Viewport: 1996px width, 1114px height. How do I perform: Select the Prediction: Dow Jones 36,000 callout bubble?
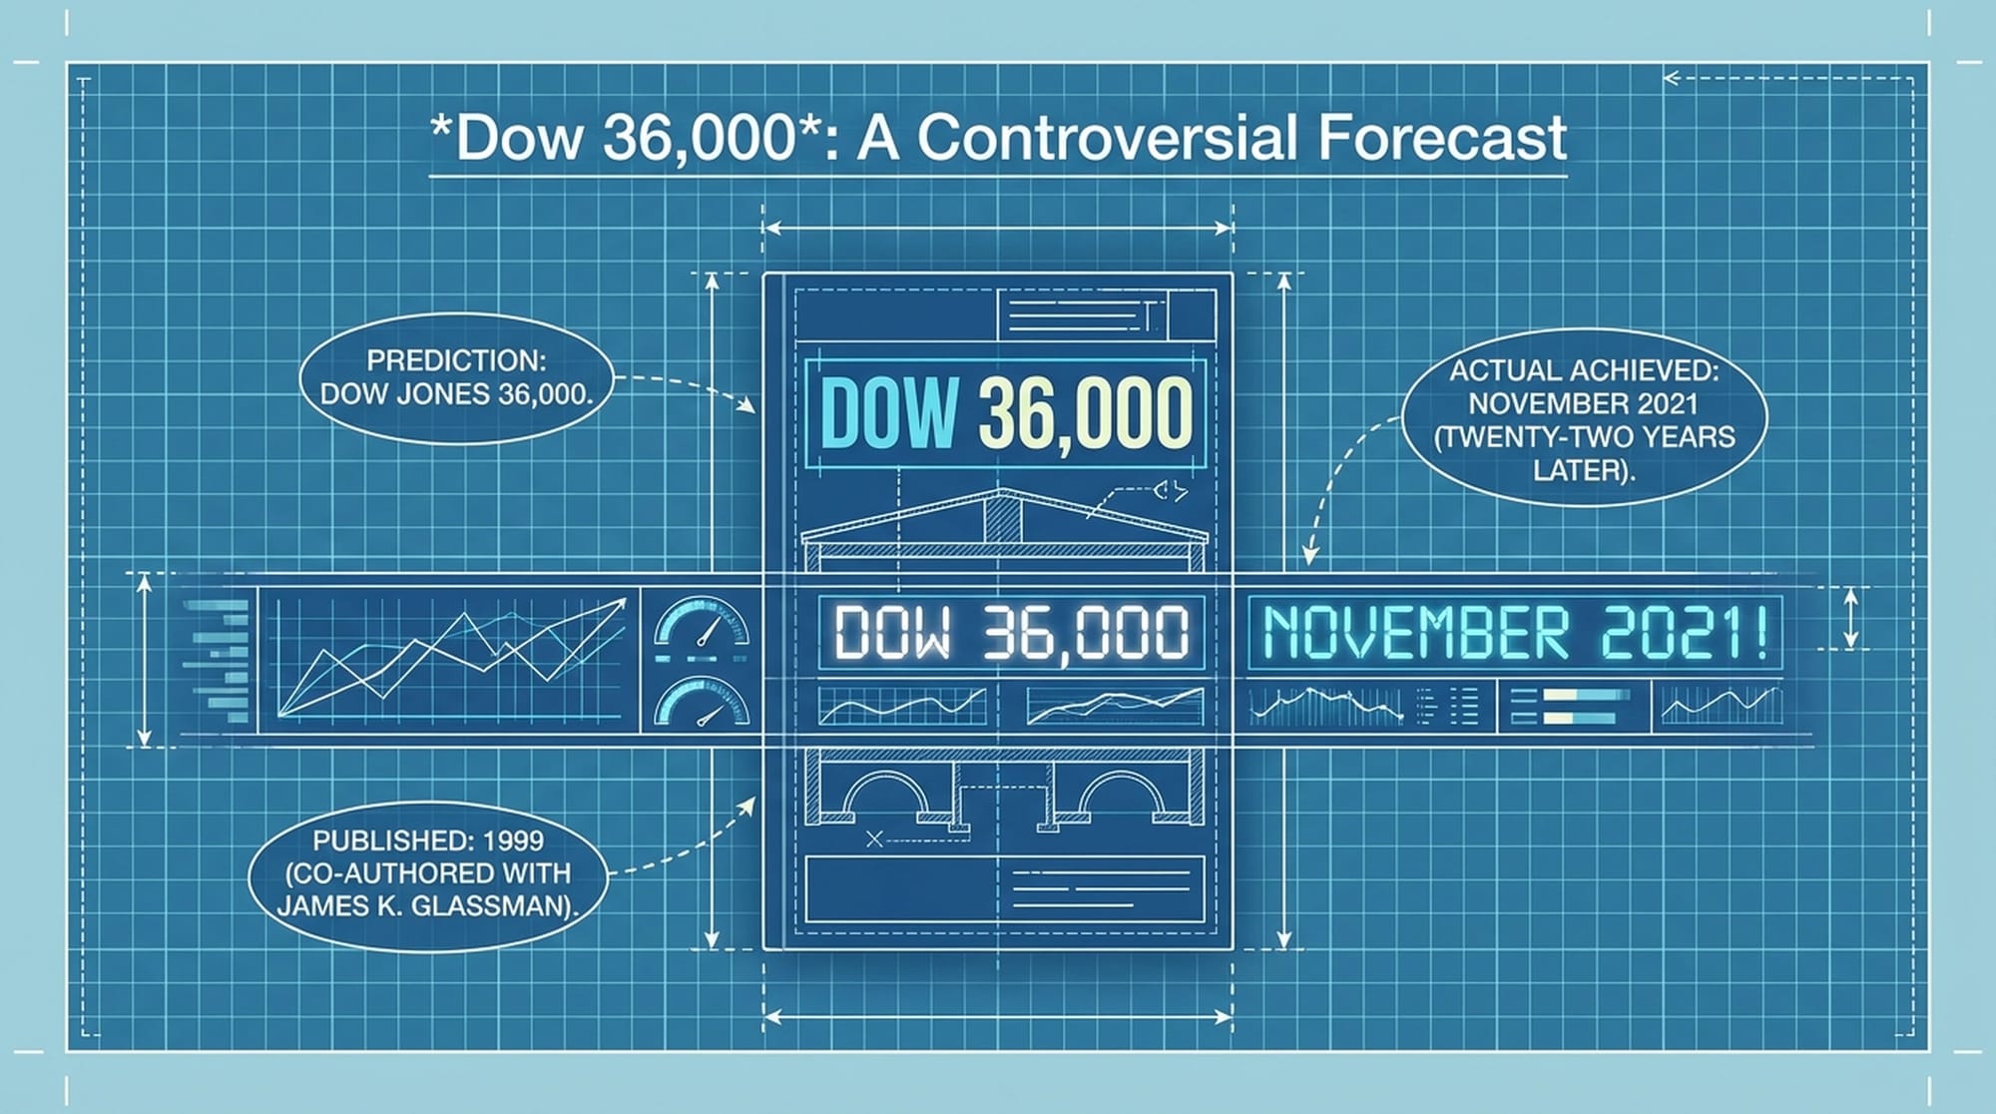(456, 377)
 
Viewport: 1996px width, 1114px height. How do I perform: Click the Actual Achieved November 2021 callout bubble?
(1584, 419)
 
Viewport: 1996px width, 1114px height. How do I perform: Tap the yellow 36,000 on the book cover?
(1086, 412)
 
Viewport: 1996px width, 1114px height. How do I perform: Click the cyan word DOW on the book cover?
(888, 412)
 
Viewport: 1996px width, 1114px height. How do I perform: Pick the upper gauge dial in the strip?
(702, 623)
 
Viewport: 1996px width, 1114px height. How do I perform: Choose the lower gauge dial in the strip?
(702, 701)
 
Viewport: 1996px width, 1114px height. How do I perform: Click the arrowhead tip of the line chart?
(626, 599)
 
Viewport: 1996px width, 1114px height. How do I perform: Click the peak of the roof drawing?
(1001, 490)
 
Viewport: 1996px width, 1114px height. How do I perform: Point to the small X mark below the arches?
(875, 839)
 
